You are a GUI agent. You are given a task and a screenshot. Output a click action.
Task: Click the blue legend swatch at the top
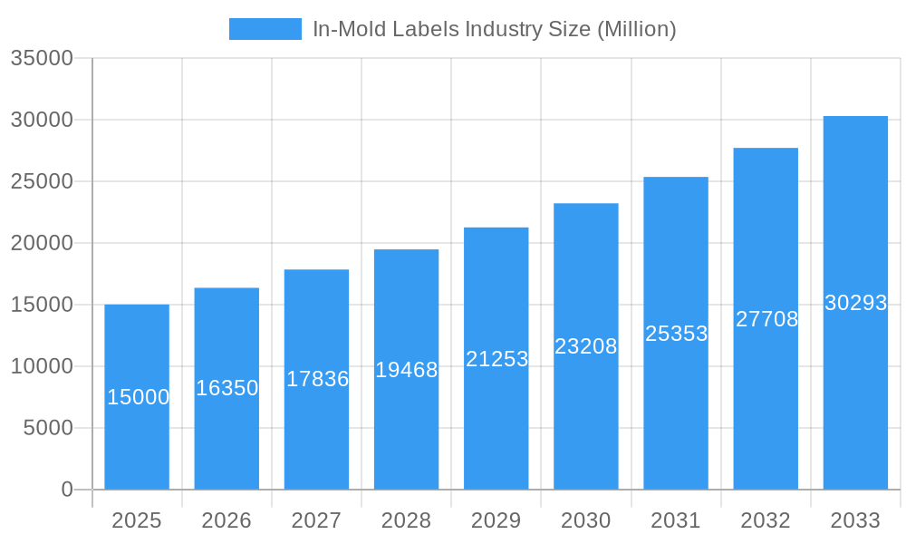coord(265,29)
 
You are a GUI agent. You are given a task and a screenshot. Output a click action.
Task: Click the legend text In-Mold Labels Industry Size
coord(494,29)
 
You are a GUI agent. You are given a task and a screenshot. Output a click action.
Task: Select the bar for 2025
coord(137,435)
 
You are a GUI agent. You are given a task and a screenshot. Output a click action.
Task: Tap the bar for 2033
coord(855,399)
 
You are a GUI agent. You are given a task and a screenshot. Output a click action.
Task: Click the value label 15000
coord(138,397)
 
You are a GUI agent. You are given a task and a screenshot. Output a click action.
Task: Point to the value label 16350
coord(227,388)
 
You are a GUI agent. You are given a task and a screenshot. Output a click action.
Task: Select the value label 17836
coord(317,379)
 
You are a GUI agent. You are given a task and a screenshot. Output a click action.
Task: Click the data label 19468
coord(407,370)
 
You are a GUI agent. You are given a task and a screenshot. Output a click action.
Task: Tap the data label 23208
coord(585,346)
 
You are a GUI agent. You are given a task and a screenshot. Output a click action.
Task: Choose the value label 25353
coord(676,334)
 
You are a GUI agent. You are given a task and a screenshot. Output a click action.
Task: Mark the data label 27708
coord(766,319)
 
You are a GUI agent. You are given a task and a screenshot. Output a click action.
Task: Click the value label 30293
coord(855,303)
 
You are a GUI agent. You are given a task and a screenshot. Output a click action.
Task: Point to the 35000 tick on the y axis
coord(41,58)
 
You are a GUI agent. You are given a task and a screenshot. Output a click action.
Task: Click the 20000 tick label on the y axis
coord(41,243)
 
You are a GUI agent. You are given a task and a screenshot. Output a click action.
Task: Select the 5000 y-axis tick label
coord(47,428)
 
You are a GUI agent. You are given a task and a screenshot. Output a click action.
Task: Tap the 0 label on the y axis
coord(67,490)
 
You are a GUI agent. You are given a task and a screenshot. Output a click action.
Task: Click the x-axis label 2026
coord(226,520)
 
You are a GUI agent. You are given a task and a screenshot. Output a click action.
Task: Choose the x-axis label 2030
coord(585,520)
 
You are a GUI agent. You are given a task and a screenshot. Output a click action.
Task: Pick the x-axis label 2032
coord(766,520)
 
